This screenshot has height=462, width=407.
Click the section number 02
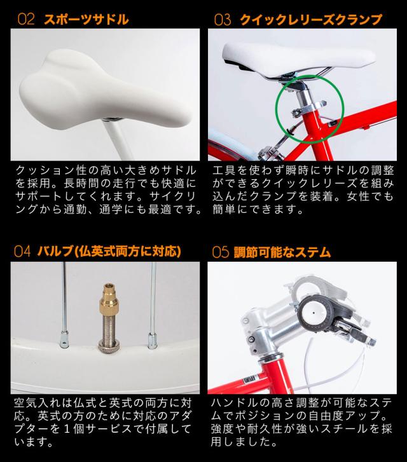pos(25,19)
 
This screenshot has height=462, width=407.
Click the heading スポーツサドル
pos(86,19)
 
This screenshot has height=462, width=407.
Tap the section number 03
pos(222,20)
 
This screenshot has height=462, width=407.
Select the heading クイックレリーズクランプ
pos(310,20)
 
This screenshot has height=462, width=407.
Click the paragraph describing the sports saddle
pos(106,189)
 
